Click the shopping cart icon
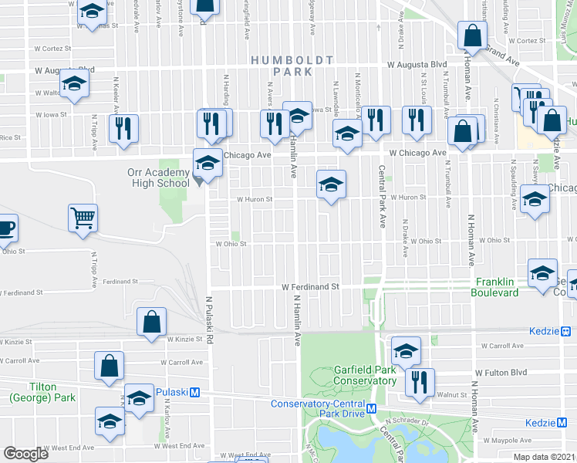(x=83, y=218)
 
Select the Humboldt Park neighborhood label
(x=292, y=66)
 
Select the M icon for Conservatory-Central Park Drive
(x=371, y=408)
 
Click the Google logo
(x=25, y=454)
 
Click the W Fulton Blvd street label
(x=501, y=372)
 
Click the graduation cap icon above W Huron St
(x=331, y=184)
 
